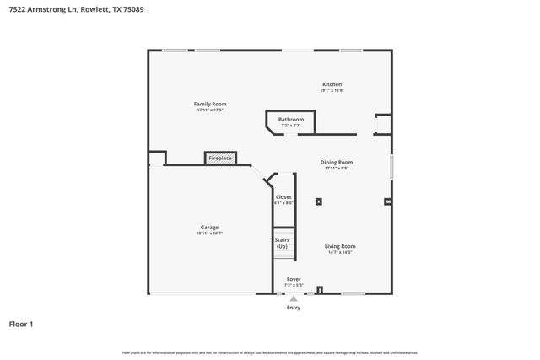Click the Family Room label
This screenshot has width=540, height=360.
(x=211, y=104)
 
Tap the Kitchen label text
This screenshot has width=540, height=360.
(x=332, y=84)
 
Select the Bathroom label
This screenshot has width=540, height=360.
(x=291, y=120)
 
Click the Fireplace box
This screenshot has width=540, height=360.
(x=220, y=158)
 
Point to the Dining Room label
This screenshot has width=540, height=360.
(x=337, y=162)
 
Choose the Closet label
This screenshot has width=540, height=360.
(x=283, y=197)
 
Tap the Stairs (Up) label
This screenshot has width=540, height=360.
(x=282, y=243)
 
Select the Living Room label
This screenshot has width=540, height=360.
(x=340, y=246)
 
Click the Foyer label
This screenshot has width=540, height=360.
(x=294, y=279)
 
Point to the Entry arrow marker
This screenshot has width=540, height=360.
(x=294, y=298)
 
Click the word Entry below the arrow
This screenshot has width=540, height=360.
(x=294, y=308)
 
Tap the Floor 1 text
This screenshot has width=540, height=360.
(x=21, y=324)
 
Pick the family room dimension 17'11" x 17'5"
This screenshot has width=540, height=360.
(x=211, y=110)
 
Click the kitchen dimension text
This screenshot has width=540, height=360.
(x=332, y=90)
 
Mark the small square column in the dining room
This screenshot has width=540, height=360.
(x=319, y=201)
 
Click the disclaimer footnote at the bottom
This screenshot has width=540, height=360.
(x=269, y=352)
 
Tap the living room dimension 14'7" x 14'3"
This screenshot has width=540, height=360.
(x=340, y=252)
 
